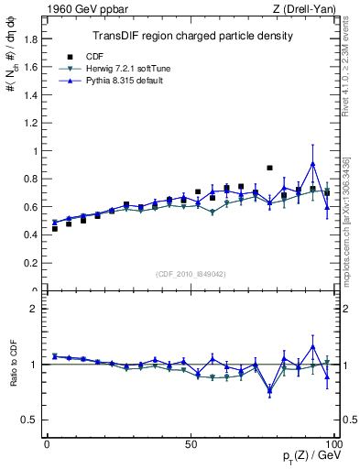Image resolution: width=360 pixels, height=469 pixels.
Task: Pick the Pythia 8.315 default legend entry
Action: pos(124,82)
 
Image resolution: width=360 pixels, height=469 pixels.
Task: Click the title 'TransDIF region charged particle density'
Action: pos(192,37)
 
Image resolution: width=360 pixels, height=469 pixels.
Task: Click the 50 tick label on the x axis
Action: pos(191,443)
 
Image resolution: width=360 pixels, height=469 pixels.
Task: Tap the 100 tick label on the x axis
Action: pos(333,443)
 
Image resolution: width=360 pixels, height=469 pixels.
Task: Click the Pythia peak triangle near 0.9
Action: pos(313,164)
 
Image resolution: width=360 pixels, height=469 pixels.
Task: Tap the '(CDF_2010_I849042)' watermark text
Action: pos(191,273)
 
